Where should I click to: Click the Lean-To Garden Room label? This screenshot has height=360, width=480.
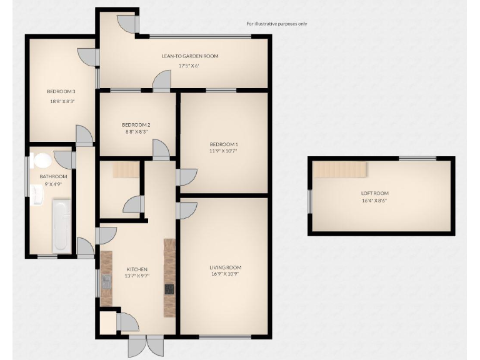click(x=190, y=56)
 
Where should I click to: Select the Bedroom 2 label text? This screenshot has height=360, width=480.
click(x=136, y=124)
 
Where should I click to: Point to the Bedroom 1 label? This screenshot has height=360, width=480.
click(x=224, y=144)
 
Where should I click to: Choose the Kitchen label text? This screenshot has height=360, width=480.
click(x=136, y=269)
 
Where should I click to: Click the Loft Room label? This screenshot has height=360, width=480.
click(x=374, y=193)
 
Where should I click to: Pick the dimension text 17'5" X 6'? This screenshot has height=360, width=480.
click(x=189, y=66)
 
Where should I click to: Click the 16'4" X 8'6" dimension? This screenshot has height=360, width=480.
click(x=374, y=201)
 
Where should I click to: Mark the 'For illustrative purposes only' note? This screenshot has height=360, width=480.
click(x=276, y=24)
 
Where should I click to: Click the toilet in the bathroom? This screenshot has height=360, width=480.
click(x=42, y=161)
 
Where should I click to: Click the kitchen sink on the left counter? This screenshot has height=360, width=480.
click(x=106, y=279)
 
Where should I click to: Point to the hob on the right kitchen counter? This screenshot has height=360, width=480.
click(x=169, y=289)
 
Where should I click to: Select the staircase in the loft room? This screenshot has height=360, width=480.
click(x=339, y=169)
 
